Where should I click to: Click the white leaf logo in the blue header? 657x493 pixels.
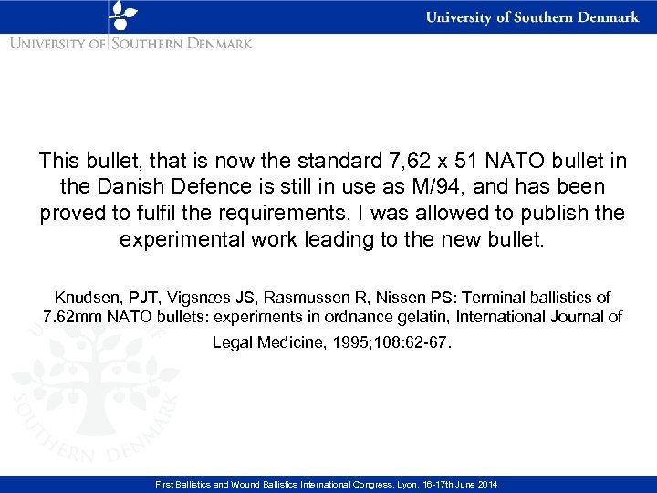point(122,16)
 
